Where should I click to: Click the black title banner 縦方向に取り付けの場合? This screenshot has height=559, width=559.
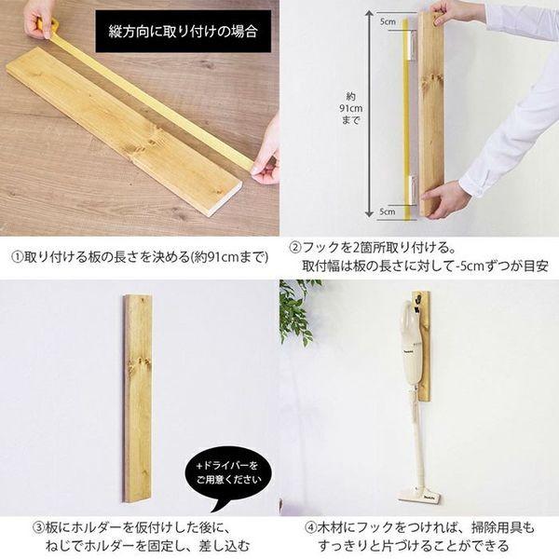pos(184,32)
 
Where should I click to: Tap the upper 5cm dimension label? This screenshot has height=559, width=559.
pos(388,21)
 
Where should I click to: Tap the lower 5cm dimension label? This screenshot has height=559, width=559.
pos(388,211)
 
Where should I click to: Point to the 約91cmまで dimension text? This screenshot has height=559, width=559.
pos(350,108)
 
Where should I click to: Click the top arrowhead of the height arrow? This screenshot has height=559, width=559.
pos(370,14)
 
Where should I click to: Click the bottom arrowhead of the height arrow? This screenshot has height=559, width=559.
pos(370,213)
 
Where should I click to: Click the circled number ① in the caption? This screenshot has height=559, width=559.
pos(17,257)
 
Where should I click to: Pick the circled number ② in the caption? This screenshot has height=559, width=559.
pos(294,248)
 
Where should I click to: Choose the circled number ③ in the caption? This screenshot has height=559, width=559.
pos(38,527)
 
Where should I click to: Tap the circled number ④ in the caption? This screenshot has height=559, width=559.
pos(310,527)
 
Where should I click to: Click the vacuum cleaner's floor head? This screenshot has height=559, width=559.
pos(419,494)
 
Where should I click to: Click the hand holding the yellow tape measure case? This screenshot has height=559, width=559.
pos(40,19)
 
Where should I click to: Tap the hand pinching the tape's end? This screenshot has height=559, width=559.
pos(266,160)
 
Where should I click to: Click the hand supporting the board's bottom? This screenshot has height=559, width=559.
pos(441,199)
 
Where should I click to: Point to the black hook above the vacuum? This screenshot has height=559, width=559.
pos(416,302)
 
